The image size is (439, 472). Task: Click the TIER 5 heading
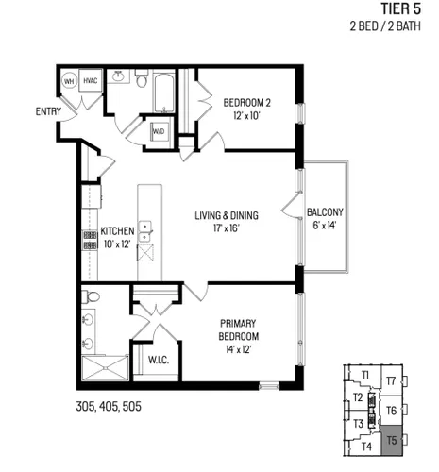point(401,8)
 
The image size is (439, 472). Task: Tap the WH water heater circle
point(69,81)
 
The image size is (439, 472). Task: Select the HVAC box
point(91,80)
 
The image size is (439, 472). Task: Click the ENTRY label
point(48,111)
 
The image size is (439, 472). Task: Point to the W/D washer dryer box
point(159,131)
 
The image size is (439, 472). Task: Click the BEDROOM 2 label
point(246,103)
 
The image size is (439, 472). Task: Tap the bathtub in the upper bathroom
point(164,93)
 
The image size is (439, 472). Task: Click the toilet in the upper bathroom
point(142,78)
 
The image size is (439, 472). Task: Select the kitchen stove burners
point(90,241)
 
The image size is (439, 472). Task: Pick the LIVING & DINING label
point(227,215)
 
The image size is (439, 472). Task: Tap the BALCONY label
point(325,212)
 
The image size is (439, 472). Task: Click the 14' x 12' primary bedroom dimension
point(238,349)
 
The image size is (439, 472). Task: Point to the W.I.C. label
point(159,360)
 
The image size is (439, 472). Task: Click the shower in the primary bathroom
point(105,368)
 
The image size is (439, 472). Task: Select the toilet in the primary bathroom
point(91,296)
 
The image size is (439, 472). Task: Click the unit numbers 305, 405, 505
point(109,406)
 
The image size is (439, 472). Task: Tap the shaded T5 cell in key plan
point(392,440)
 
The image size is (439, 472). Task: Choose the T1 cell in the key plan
point(365,375)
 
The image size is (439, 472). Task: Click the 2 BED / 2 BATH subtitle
point(385,25)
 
